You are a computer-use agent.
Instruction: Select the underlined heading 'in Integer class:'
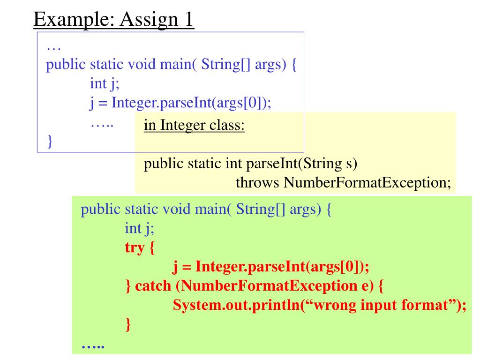(194, 126)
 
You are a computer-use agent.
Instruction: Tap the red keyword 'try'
(135, 247)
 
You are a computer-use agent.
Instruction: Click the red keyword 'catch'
(152, 285)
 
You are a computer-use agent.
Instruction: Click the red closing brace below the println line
(127, 324)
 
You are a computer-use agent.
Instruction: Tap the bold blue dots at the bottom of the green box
(92, 346)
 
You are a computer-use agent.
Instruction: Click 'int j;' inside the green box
(139, 228)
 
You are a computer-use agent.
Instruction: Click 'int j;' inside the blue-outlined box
(104, 83)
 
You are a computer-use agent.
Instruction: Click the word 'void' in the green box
(176, 209)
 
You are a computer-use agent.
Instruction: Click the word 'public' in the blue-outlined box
(66, 64)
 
